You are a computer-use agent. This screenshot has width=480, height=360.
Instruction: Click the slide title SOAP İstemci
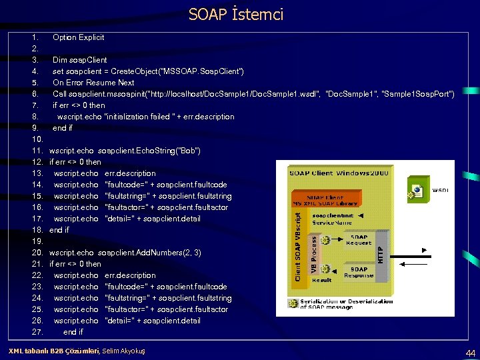tap(236, 14)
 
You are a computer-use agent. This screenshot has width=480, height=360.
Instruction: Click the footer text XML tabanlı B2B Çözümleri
tap(53, 351)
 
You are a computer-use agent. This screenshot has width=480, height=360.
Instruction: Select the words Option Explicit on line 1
tap(78, 37)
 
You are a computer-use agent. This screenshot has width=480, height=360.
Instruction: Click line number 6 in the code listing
tap(37, 94)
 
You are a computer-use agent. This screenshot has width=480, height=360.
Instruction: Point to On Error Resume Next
tap(93, 83)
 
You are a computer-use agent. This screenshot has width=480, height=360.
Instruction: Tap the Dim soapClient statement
tap(79, 60)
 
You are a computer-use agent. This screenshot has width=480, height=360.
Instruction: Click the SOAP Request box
tap(359, 240)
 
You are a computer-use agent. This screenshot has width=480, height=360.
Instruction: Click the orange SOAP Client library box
tap(325, 200)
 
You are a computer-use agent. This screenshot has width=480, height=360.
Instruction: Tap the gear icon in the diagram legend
tap(292, 303)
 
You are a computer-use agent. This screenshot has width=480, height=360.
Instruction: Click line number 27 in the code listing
tap(37, 332)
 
